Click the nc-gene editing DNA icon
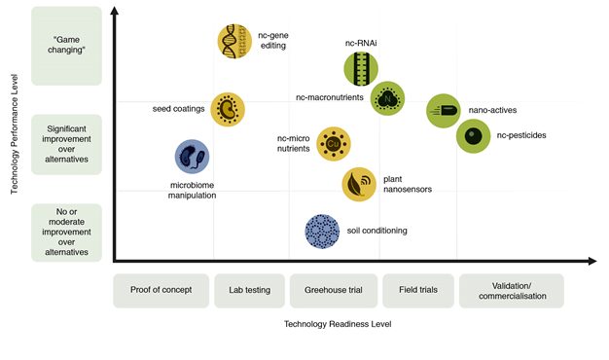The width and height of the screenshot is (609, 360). coord(234,41)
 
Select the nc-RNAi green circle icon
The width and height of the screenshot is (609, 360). coord(361,69)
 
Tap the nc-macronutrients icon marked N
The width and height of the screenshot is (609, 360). coord(387,98)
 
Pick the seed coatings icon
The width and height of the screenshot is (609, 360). coord(228,110)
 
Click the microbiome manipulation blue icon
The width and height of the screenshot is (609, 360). coord(192,157)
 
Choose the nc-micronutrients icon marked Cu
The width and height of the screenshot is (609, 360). coord(334,144)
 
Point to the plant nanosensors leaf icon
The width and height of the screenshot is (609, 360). coord(359,184)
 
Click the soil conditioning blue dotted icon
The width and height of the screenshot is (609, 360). coord(322,232)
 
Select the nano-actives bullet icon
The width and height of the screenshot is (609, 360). coord(444,111)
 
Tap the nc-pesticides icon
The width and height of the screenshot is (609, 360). coord(473,136)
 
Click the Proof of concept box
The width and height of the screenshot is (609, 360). coord(161,291)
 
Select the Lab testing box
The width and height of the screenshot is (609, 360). coord(249,291)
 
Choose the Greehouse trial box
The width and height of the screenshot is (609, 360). coord(334,291)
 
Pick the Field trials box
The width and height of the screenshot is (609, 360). coord(418,291)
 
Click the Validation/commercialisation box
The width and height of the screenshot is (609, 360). coord(512,291)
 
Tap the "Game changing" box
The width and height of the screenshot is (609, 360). coord(66,46)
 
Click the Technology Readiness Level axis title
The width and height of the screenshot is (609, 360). coord(338,324)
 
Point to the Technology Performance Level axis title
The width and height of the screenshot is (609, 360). coord(15,134)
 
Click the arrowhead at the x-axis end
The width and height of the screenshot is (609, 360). coord(592,261)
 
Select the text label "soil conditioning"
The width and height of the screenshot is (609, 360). coord(377,231)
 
